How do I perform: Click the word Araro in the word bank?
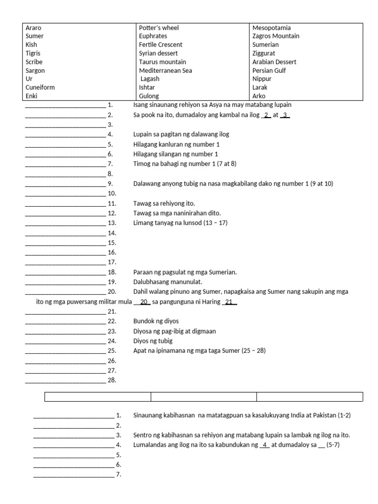pyautogui.click(x=33, y=28)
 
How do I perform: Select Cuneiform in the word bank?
pyautogui.click(x=40, y=87)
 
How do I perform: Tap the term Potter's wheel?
pyautogui.click(x=159, y=28)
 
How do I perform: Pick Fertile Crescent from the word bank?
pyautogui.click(x=160, y=45)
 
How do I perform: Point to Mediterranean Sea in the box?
pyautogui.click(x=165, y=70)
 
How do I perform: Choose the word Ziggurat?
pyautogui.click(x=264, y=53)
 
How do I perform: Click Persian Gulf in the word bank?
pyautogui.click(x=269, y=70)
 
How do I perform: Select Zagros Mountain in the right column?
pyautogui.click(x=276, y=36)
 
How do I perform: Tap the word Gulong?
pyautogui.click(x=149, y=96)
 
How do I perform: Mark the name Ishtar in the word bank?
pyautogui.click(x=148, y=87)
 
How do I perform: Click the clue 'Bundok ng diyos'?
pyautogui.click(x=156, y=321)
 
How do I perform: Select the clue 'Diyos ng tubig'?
pyautogui.click(x=153, y=341)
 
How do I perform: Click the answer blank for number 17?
pyautogui.click(x=65, y=262)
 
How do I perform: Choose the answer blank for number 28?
pyautogui.click(x=65, y=380)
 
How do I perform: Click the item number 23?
pyautogui.click(x=112, y=331)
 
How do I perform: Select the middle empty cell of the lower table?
pyautogui.click(x=204, y=397)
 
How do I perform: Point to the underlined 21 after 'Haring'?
pyautogui.click(x=229, y=302)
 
